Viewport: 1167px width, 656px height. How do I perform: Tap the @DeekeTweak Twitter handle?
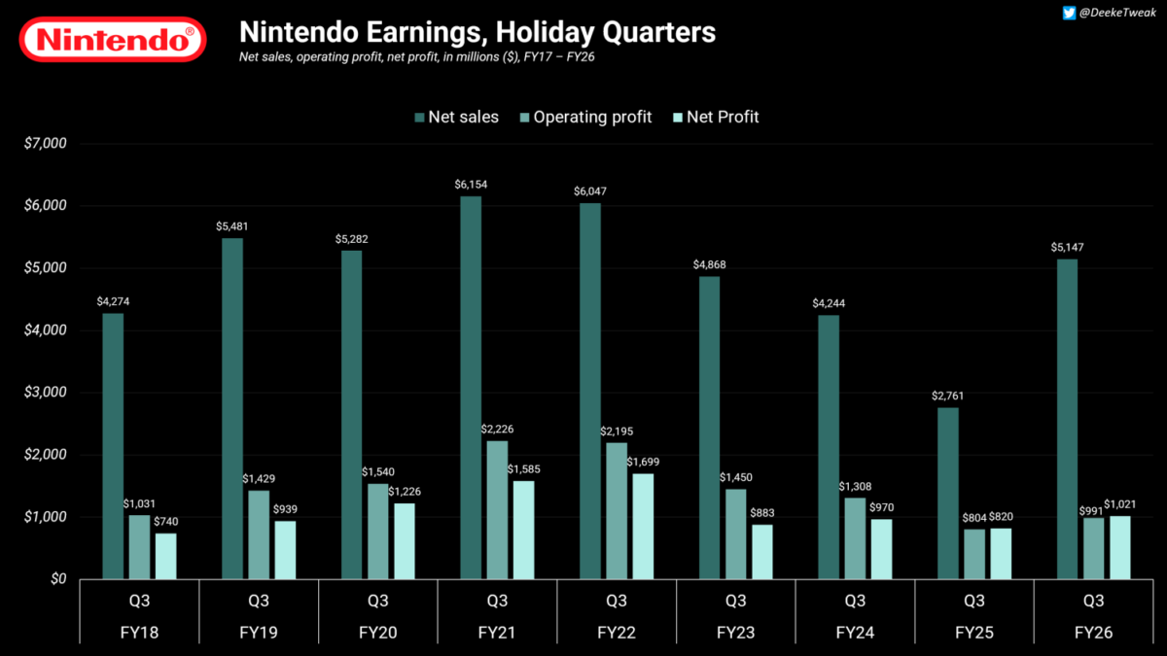pos(1113,13)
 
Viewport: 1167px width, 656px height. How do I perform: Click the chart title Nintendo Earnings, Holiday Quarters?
pos(477,32)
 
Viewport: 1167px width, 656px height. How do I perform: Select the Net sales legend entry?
pos(457,117)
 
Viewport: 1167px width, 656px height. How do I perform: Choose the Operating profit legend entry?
pos(583,117)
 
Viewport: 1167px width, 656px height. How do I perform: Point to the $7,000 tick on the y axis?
pos(45,143)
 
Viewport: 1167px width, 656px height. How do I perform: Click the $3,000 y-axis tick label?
pos(45,393)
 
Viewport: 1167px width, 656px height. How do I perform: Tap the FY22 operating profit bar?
pos(616,510)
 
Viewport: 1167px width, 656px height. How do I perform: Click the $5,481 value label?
pos(232,226)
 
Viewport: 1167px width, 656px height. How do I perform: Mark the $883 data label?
pos(762,513)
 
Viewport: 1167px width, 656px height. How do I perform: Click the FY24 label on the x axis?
pos(855,633)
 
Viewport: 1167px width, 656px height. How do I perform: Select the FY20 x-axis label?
pos(377,633)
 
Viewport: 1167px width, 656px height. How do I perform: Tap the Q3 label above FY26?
pos(1093,600)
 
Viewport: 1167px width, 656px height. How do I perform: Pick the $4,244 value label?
pos(829,303)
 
